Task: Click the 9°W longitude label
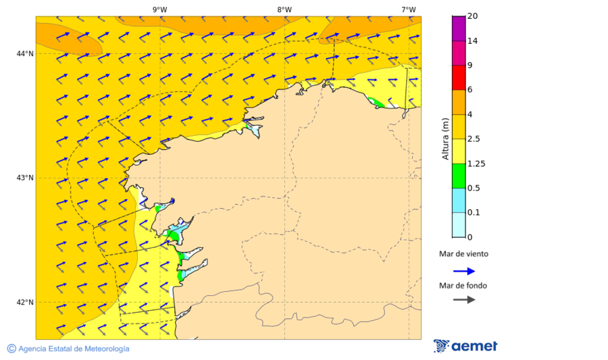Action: (x=159, y=9)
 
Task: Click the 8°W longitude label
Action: (x=284, y=9)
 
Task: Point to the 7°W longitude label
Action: (x=408, y=9)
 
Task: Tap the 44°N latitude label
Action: (x=25, y=54)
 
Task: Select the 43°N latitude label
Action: (x=25, y=178)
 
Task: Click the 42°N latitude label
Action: (x=25, y=302)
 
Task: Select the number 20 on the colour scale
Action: (x=473, y=16)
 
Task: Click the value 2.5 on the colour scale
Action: (x=475, y=139)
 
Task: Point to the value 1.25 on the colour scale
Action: (x=477, y=163)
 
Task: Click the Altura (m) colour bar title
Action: (x=445, y=138)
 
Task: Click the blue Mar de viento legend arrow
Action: (x=463, y=271)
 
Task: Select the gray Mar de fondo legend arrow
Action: (x=463, y=299)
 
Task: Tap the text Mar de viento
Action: (x=463, y=255)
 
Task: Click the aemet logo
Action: (x=465, y=346)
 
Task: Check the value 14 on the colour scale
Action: (x=473, y=41)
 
